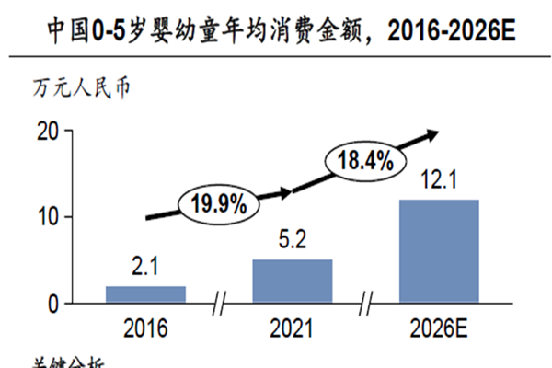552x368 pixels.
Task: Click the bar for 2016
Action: (x=145, y=294)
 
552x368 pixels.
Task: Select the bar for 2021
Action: (x=293, y=281)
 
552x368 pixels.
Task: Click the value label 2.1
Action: (x=145, y=270)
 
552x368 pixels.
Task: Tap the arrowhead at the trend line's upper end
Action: (x=431, y=134)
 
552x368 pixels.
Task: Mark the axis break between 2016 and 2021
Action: (x=219, y=304)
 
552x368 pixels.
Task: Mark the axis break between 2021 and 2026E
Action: (x=366, y=304)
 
